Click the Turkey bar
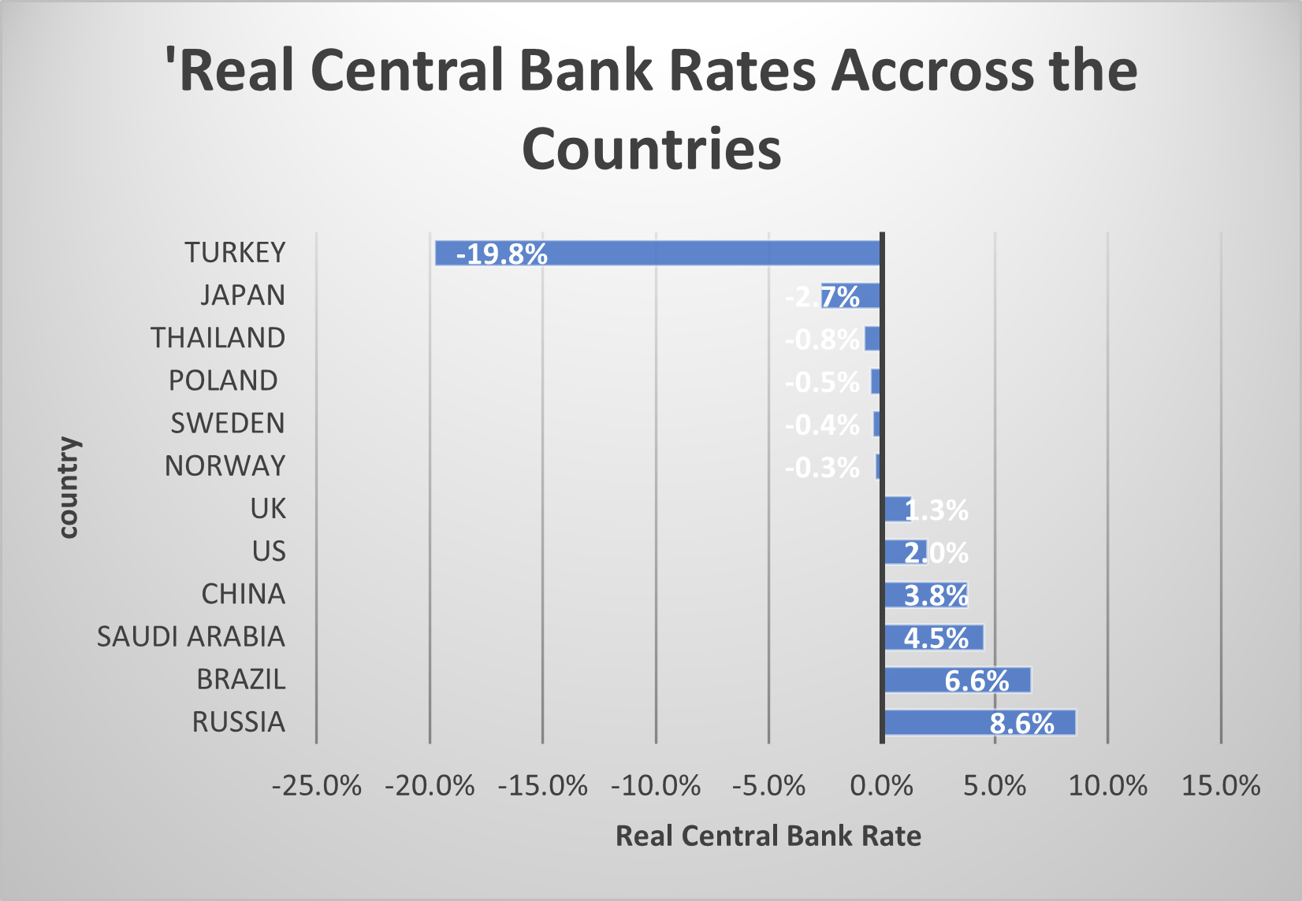[657, 253]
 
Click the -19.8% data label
[501, 254]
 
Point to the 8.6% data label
[1021, 723]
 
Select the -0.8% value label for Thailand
[821, 339]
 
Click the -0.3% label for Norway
[821, 468]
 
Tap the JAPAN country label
[242, 295]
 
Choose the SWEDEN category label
[228, 424]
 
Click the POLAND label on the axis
[223, 380]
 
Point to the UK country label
[268, 509]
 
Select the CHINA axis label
[243, 594]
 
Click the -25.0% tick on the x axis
[317, 786]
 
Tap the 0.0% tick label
[882, 786]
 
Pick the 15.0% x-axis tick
[1221, 786]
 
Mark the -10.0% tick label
[656, 786]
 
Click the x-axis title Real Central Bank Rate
[768, 836]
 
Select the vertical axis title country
[69, 488]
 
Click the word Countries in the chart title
[651, 149]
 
